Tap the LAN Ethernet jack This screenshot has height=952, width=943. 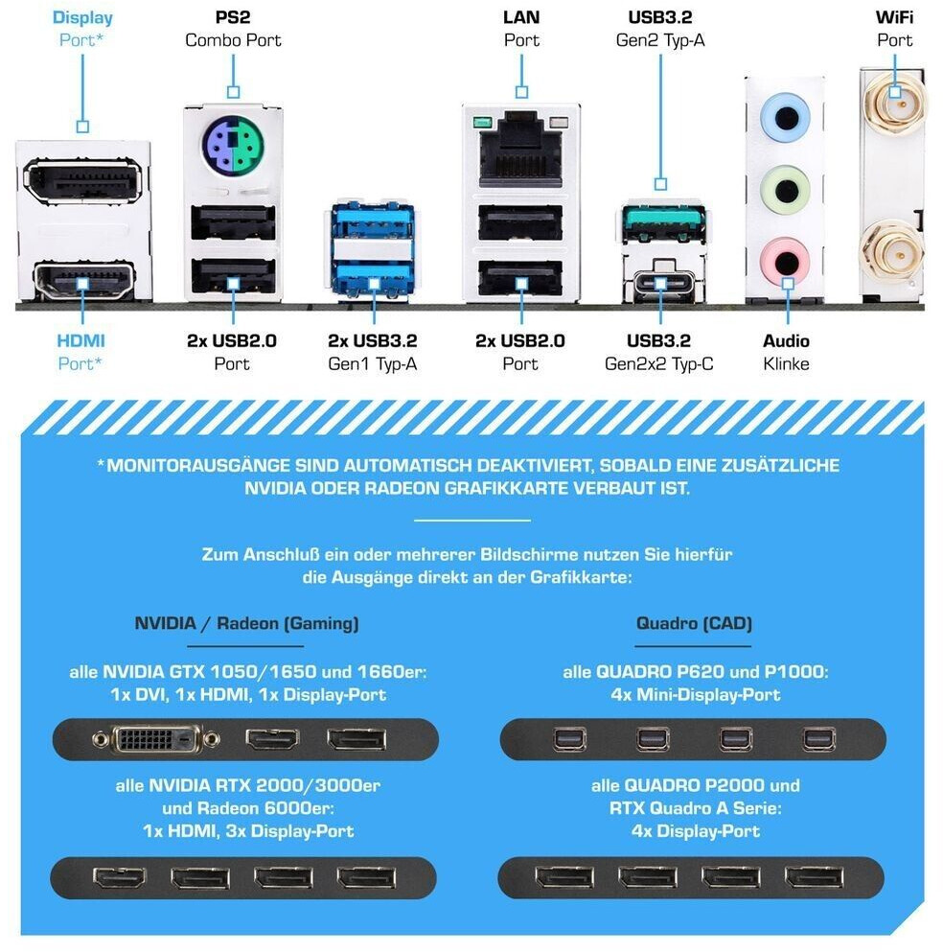[x=521, y=151]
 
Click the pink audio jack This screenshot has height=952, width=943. [x=786, y=262]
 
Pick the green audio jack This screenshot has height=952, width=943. [x=785, y=189]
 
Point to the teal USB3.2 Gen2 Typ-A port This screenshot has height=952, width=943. [x=662, y=222]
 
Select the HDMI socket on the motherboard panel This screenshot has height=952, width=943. [x=83, y=281]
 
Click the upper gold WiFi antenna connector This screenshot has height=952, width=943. [x=895, y=101]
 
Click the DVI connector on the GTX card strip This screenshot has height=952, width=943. [x=155, y=739]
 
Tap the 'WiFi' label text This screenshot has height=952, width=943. [x=894, y=17]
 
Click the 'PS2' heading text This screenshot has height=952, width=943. [x=233, y=17]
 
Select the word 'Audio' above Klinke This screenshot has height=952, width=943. [x=786, y=340]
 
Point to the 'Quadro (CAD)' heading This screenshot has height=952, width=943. [x=694, y=623]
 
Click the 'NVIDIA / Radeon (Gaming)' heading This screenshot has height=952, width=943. [x=246, y=623]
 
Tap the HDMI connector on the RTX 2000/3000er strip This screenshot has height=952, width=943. [x=120, y=877]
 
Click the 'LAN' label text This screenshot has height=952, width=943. [x=521, y=17]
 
